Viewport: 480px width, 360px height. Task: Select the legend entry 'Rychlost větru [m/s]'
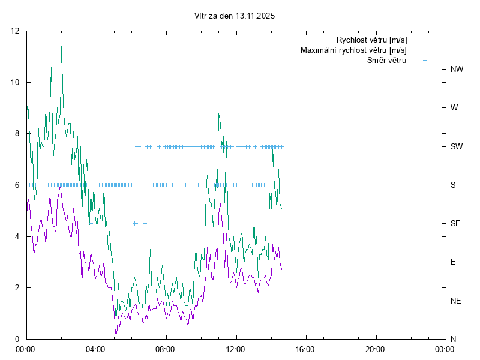pos(371,40)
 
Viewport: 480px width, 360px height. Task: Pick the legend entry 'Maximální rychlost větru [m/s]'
pos(353,50)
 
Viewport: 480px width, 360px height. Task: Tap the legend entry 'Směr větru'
pos(386,60)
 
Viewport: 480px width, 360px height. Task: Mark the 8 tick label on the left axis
pos(17,134)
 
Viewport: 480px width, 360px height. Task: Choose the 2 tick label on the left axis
pos(17,287)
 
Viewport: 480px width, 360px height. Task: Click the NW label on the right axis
pos(457,70)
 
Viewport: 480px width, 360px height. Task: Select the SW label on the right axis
pos(457,146)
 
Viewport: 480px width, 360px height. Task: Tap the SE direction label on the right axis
pos(456,223)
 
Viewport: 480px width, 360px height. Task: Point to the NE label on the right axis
pos(456,300)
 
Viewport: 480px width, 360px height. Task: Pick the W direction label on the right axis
pos(454,108)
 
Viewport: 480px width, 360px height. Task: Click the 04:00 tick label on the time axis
pos(95,349)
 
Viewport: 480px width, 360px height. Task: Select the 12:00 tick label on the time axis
pos(235,349)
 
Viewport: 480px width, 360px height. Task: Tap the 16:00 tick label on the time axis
pos(305,349)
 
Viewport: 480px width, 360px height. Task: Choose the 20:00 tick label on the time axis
pos(375,349)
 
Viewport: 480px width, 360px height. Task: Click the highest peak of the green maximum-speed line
pos(61,47)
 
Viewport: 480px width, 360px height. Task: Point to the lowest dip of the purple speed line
pos(116,334)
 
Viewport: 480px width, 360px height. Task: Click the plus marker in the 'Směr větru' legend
pos(425,60)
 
